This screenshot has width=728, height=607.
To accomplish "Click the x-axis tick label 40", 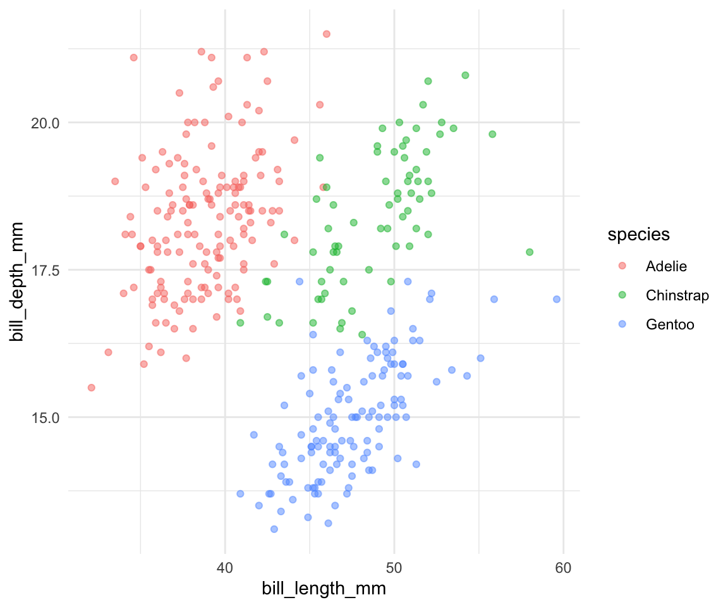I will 225,568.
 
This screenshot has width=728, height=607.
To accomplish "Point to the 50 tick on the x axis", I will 394,568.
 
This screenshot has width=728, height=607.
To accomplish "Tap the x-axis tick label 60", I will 564,568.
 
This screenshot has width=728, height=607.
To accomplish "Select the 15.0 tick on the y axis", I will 45,417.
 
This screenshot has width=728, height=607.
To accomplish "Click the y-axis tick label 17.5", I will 45,270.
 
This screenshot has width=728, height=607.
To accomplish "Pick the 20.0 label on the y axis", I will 45,123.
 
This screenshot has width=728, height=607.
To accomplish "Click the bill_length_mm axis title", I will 324,589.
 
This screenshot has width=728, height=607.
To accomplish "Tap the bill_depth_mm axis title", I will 18,282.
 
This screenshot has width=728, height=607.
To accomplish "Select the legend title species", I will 638,235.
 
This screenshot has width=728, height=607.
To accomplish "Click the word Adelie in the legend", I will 666,266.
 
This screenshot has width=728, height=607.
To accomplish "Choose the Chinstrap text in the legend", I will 677,295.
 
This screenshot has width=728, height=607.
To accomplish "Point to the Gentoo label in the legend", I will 670,324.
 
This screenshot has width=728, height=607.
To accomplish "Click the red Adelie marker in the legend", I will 622,266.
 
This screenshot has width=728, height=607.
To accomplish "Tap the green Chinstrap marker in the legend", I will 622,295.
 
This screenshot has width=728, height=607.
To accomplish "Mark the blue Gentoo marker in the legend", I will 622,324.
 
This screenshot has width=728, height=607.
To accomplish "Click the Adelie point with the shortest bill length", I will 91,388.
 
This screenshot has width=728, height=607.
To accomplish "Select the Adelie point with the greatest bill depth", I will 326,34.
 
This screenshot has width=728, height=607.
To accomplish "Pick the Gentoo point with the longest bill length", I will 557,299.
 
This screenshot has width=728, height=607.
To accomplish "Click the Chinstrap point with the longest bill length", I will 530,252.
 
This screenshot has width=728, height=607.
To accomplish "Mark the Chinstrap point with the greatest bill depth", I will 465,75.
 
